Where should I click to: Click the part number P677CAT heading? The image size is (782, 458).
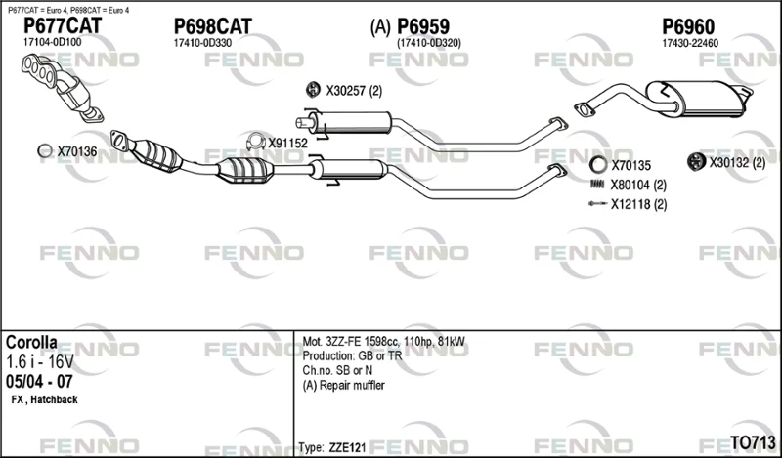(x=63, y=25)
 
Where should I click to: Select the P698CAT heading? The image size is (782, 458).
(x=212, y=26)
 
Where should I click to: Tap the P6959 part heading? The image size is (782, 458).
(x=423, y=26)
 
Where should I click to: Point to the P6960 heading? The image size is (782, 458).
(x=688, y=26)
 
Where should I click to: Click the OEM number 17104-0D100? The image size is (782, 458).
(x=53, y=42)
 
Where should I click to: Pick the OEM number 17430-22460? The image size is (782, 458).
(x=690, y=43)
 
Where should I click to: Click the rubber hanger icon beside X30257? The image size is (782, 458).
(x=313, y=90)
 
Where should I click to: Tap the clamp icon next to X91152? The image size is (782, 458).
(x=256, y=142)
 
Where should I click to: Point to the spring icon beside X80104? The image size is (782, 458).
(x=597, y=185)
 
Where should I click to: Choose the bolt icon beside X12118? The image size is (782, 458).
(x=597, y=203)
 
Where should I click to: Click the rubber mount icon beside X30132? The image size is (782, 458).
(x=696, y=161)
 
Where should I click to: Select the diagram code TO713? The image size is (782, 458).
(x=753, y=442)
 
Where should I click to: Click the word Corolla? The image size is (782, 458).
(x=31, y=343)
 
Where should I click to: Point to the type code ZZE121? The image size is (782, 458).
(x=347, y=447)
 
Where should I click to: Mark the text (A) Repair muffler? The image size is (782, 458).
(x=344, y=385)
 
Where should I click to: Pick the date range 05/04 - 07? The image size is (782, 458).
(x=39, y=382)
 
